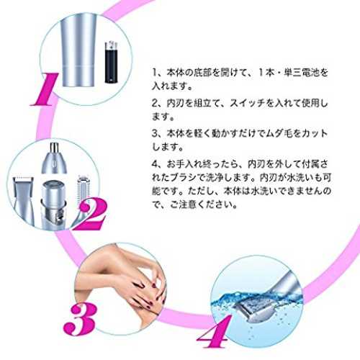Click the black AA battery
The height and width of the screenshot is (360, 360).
tap(112, 63)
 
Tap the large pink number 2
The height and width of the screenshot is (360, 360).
tap(89, 215)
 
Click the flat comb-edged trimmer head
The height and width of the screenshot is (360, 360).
tap(24, 201)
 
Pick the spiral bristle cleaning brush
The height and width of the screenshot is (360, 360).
tap(83, 192)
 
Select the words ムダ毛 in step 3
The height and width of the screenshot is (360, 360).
tap(279, 133)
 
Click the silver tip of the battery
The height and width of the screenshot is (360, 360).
tap(112, 44)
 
